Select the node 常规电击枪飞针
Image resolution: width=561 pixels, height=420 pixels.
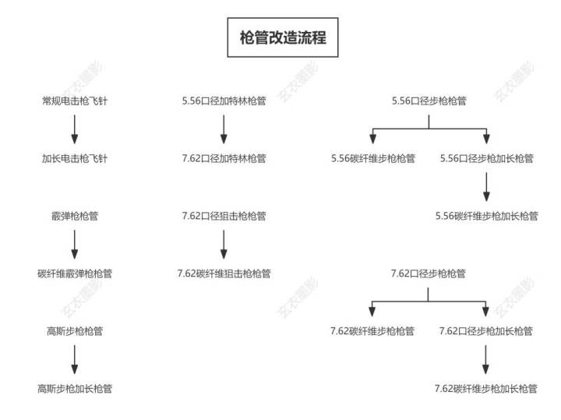pos(75,101)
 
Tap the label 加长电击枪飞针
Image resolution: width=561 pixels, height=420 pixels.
pos(75,158)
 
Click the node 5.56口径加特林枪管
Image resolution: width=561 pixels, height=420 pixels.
pos(224,101)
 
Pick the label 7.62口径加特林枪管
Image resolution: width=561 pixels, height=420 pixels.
pos(224,158)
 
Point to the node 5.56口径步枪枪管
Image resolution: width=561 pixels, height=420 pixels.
pos(429,101)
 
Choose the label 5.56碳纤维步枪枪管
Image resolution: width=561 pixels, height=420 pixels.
pos(372,158)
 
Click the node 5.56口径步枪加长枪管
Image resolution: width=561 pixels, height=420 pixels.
pos(486,158)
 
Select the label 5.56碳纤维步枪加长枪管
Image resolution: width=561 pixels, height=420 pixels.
pos(486,216)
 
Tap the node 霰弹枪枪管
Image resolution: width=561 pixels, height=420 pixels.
pos(75,216)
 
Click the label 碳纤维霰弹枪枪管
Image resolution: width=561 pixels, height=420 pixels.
pos(75,274)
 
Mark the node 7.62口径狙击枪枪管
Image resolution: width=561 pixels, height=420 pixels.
pos(224,216)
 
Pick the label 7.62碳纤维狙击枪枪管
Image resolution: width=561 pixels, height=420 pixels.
pos(224,274)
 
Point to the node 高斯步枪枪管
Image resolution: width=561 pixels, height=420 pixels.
pos(75,331)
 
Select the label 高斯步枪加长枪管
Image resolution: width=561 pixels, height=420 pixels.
pos(75,389)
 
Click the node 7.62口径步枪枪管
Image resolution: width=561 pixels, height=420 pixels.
pos(429,274)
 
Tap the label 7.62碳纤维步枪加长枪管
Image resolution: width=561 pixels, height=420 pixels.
pos(486,389)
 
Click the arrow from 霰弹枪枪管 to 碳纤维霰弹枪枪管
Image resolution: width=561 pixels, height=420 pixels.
pos(75,245)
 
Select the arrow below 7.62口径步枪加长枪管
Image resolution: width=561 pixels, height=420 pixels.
pos(485,359)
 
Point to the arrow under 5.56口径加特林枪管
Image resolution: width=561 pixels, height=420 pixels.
pos(224,129)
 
